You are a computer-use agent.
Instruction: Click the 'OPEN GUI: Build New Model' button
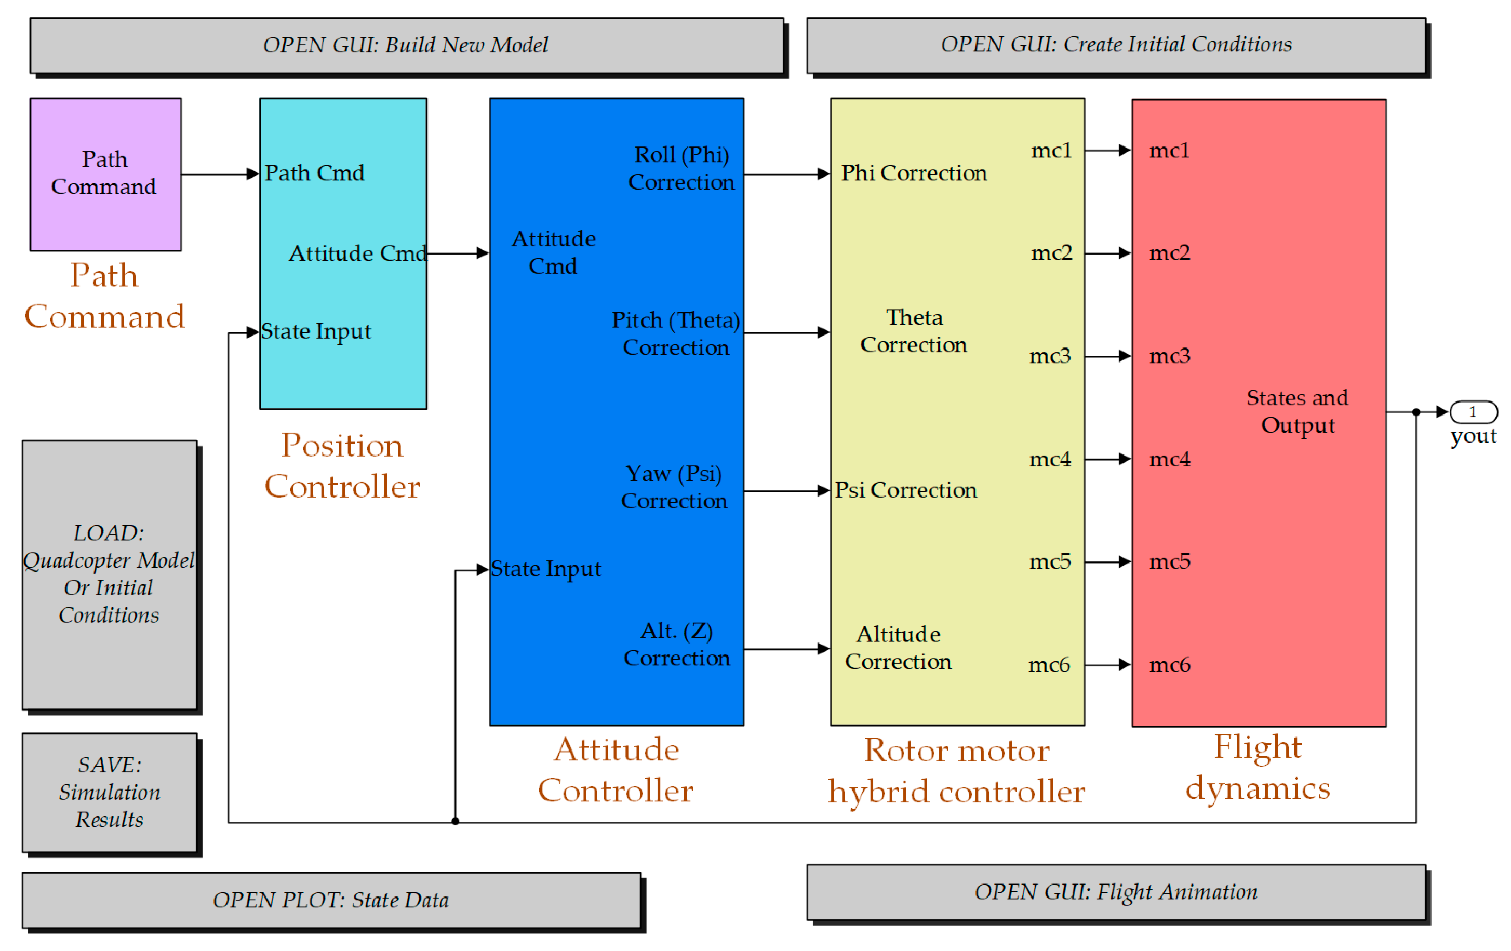(407, 45)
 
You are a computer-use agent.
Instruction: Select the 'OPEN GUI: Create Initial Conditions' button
(1116, 45)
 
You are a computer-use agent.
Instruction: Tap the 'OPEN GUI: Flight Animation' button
(1116, 891)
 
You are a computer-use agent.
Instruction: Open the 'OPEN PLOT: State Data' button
(331, 900)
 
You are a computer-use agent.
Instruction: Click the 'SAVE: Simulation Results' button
(110, 792)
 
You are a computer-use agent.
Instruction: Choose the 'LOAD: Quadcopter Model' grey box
(110, 574)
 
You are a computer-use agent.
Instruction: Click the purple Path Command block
(105, 174)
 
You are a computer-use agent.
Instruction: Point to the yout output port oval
(1474, 412)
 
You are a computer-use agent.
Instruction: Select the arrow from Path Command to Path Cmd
(220, 174)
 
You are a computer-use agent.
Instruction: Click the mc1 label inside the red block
(1169, 151)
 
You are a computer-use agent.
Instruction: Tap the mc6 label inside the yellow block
(1049, 665)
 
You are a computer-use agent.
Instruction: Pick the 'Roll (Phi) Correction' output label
(681, 168)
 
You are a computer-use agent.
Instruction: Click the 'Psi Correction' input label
(905, 490)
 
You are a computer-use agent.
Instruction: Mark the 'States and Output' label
(1298, 411)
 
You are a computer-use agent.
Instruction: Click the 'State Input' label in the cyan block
(316, 331)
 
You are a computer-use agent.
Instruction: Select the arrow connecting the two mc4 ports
(1107, 459)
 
